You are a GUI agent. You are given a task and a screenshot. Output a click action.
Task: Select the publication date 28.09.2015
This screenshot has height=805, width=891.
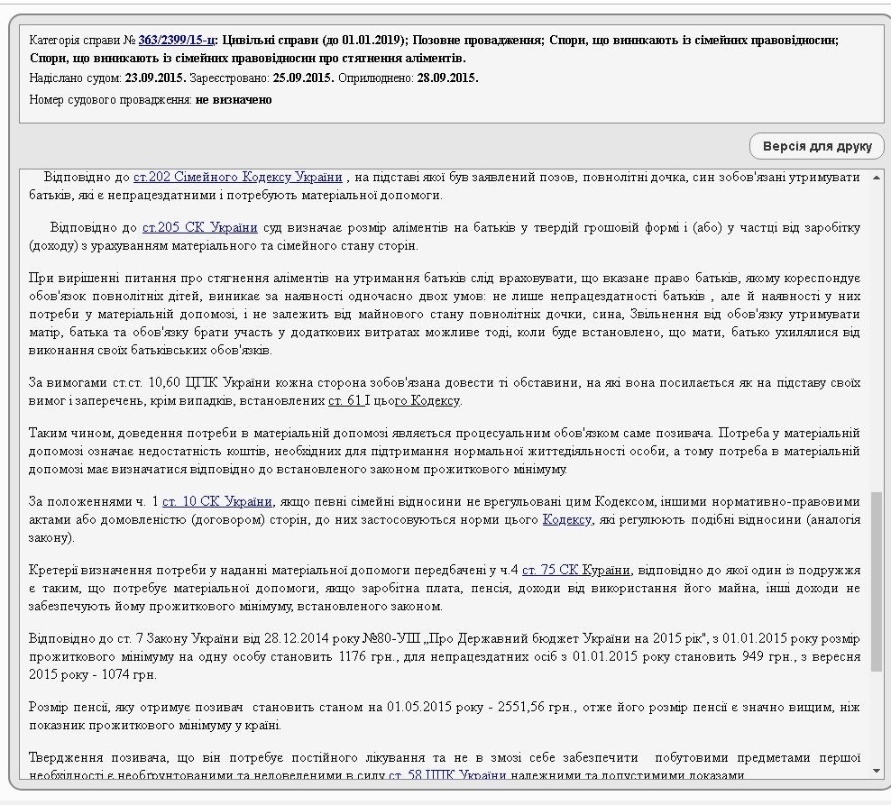coord(447,78)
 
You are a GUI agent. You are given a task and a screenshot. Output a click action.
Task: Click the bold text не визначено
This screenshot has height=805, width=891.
coord(234,98)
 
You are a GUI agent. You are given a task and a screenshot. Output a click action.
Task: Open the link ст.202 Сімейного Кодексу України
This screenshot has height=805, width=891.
coord(238,177)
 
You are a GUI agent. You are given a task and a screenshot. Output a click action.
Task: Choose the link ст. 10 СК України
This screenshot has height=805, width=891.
coord(217,502)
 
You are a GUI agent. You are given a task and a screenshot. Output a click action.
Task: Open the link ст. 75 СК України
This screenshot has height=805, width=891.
coord(576,571)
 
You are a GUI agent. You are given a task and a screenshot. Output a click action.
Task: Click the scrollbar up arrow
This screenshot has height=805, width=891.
coord(877,177)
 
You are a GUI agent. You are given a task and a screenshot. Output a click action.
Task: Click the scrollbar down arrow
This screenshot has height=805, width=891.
coord(877,771)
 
